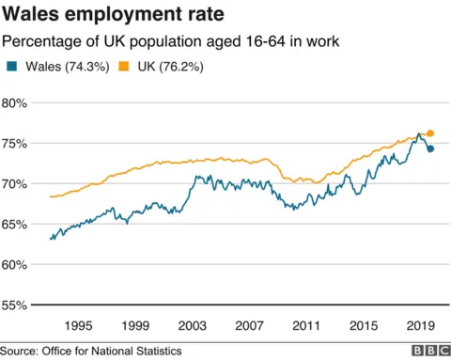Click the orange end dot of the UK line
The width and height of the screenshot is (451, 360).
coord(430,133)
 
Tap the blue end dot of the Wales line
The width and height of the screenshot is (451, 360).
coord(430,149)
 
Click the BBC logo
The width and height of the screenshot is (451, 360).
coord(428,351)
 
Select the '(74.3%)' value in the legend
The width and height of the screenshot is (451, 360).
coord(89,67)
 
